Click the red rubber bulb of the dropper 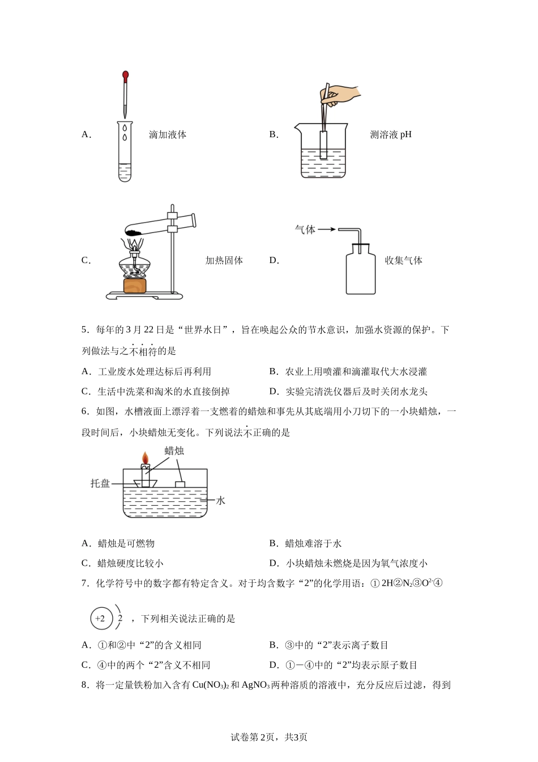point(125,74)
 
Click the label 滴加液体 point(168,135)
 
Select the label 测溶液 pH point(390,135)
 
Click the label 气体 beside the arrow point(305,230)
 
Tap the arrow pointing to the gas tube point(326,230)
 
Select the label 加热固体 point(224,261)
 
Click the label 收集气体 point(403,261)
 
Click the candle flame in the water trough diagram point(145,457)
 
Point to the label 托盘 point(100,484)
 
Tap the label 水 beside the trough point(221,501)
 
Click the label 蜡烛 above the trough point(174,451)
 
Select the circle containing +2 point(100,619)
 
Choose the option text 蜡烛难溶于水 point(313,544)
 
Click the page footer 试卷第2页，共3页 point(269,737)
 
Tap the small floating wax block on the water point(181,484)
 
